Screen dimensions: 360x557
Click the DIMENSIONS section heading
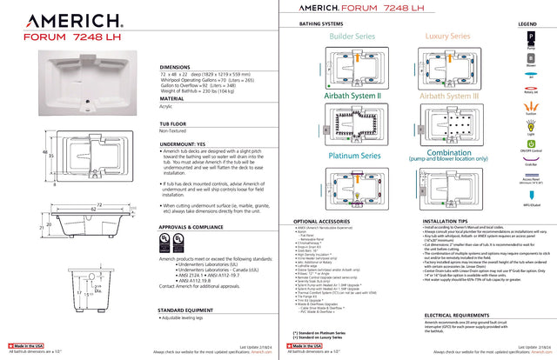click(x=177, y=66)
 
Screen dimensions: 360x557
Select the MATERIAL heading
click(x=172, y=99)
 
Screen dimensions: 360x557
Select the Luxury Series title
click(x=447, y=37)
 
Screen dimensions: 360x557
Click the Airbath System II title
click(x=354, y=95)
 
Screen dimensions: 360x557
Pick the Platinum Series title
click(x=354, y=155)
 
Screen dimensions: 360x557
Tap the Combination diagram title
click(x=449, y=153)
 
